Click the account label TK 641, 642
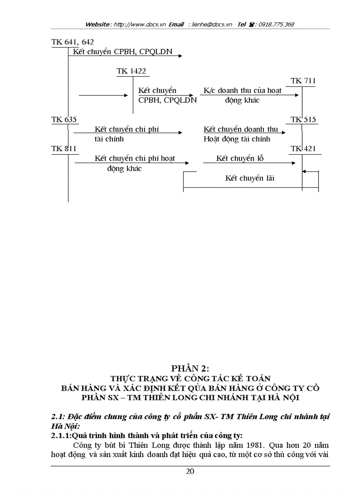click(x=72, y=42)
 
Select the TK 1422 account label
click(x=131, y=71)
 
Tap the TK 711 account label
click(x=303, y=81)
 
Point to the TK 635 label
click(x=64, y=120)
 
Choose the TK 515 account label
click(x=303, y=120)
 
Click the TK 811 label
click(x=64, y=149)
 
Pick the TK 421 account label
click(x=303, y=149)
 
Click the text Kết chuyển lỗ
click(x=240, y=159)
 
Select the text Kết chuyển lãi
click(x=249, y=179)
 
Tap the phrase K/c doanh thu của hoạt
click(x=242, y=91)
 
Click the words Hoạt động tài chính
click(x=236, y=139)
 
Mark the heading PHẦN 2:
click(x=190, y=368)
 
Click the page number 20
click(x=190, y=471)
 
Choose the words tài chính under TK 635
click(x=109, y=139)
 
